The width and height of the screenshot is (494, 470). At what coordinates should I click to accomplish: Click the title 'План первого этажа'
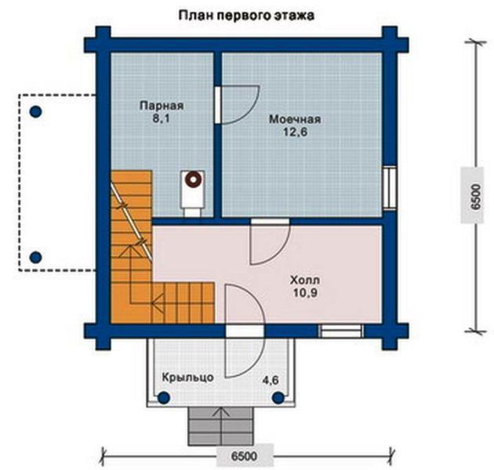[246, 16]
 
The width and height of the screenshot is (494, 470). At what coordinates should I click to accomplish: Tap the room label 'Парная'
[162, 106]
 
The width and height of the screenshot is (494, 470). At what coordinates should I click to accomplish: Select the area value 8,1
[162, 119]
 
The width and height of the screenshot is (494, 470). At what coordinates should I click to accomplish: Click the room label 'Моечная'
[295, 119]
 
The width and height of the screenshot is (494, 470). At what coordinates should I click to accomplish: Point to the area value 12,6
[295, 132]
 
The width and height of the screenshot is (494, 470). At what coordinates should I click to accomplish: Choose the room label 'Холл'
[305, 280]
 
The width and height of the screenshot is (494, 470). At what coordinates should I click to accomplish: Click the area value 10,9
[305, 293]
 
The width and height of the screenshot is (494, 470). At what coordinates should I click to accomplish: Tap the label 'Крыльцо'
[187, 377]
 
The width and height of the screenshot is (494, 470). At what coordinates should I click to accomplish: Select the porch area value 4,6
[271, 380]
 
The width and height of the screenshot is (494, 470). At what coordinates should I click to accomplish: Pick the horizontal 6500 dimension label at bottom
[244, 456]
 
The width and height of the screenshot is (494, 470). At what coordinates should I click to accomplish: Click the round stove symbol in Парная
[192, 179]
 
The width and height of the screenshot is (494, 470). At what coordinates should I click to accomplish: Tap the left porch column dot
[164, 398]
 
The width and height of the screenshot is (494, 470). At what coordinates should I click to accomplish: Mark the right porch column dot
[278, 398]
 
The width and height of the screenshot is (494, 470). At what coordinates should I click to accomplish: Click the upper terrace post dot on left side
[36, 111]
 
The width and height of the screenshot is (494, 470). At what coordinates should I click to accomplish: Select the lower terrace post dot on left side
[36, 257]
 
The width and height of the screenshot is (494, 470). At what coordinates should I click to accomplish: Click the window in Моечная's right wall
[390, 188]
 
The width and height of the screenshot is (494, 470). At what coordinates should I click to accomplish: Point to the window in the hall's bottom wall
[340, 331]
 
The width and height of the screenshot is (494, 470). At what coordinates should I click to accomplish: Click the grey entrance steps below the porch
[220, 426]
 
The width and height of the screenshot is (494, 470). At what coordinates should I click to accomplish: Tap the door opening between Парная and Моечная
[218, 105]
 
